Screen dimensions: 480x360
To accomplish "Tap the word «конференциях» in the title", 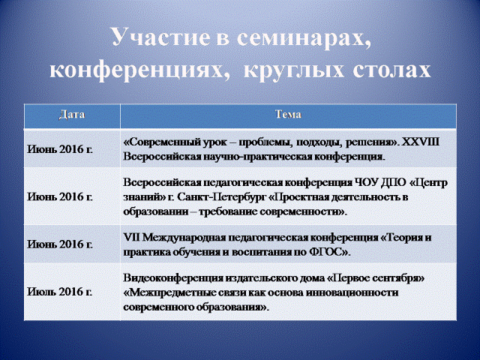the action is (x=139, y=70).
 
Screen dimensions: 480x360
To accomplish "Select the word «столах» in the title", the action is (x=391, y=69).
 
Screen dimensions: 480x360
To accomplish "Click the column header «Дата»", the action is (x=72, y=115).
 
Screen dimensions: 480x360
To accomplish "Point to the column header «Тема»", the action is (x=288, y=115).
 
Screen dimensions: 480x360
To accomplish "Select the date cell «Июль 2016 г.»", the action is (x=60, y=292).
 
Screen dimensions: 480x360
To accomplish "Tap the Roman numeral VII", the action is (x=132, y=238).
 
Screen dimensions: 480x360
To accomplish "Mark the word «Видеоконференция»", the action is (x=173, y=279).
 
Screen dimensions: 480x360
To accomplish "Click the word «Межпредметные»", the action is (x=169, y=293).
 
